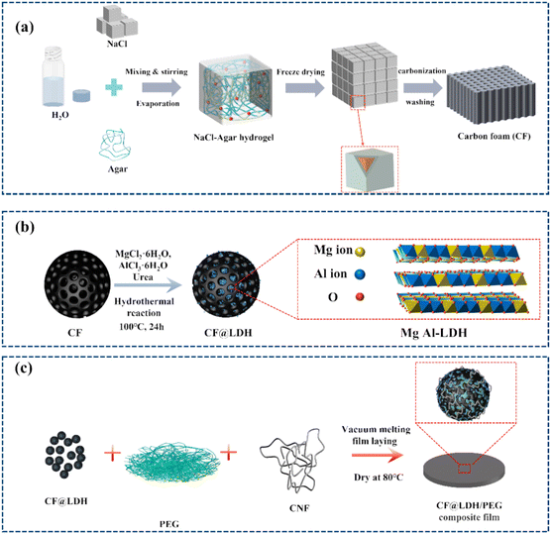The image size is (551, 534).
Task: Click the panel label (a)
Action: tap(24, 27)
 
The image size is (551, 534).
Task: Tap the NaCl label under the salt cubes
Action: tap(117, 44)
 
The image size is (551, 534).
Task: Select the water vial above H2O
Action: tap(53, 77)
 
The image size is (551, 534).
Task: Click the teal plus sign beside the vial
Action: tap(114, 87)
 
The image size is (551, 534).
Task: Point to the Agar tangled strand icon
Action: tap(115, 145)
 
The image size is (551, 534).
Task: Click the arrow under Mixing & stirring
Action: tap(162, 87)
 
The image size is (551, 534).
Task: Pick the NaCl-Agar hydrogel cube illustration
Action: tap(236, 90)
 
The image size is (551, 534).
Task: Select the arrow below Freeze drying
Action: tap(304, 87)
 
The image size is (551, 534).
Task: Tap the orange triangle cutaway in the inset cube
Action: tap(368, 164)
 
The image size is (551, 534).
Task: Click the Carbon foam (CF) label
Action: tap(494, 137)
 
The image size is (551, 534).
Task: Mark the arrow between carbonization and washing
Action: tap(423, 87)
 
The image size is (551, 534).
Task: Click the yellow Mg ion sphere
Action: tap(360, 252)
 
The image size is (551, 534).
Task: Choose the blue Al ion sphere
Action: tap(360, 274)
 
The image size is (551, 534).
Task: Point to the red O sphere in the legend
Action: tap(360, 297)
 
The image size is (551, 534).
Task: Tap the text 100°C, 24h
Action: tap(142, 327)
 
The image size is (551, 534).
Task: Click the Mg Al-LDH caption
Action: tap(434, 332)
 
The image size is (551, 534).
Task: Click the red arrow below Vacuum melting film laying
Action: tap(378, 456)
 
